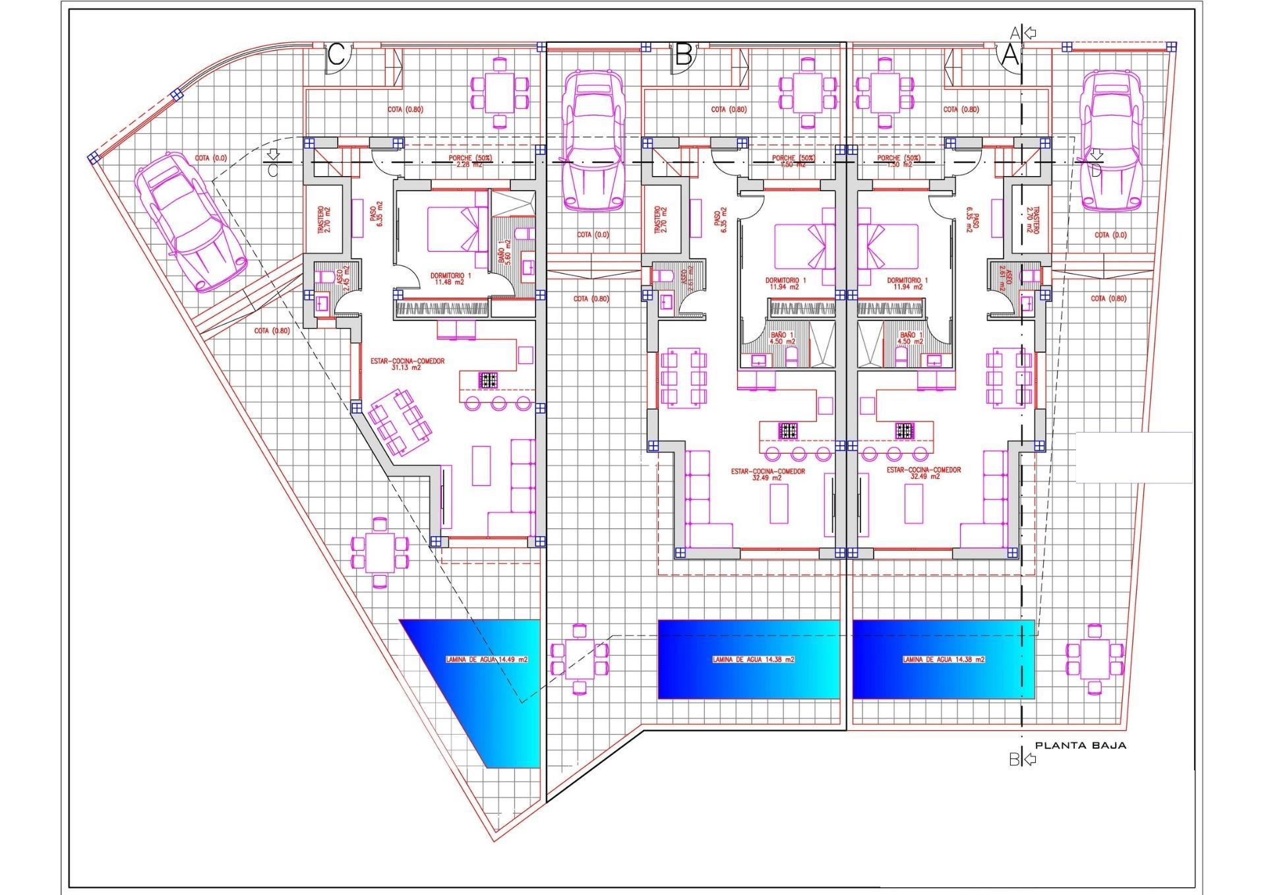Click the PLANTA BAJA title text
pos(1080,746)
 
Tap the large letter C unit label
pos(336,55)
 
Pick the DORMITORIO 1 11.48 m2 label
pos(451,278)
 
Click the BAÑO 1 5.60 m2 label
pos(504,251)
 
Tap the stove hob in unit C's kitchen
pos(489,379)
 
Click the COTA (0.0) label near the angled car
pos(210,158)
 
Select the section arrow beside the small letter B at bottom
pos(1028,760)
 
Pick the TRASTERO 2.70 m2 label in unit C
pos(324,220)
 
